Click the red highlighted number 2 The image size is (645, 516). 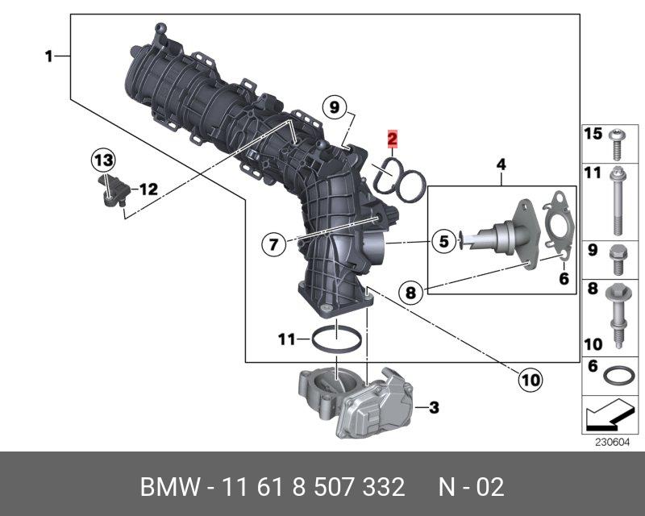[x=393, y=139]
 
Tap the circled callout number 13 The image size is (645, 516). [x=103, y=160]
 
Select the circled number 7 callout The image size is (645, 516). [x=274, y=245]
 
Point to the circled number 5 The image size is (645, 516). [x=443, y=241]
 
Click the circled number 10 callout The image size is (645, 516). [x=531, y=380]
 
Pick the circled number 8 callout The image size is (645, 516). [x=410, y=293]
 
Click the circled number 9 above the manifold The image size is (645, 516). [x=335, y=107]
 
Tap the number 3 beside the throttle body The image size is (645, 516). [x=434, y=407]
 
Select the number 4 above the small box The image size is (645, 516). [x=501, y=164]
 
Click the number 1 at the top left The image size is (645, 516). [x=49, y=56]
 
